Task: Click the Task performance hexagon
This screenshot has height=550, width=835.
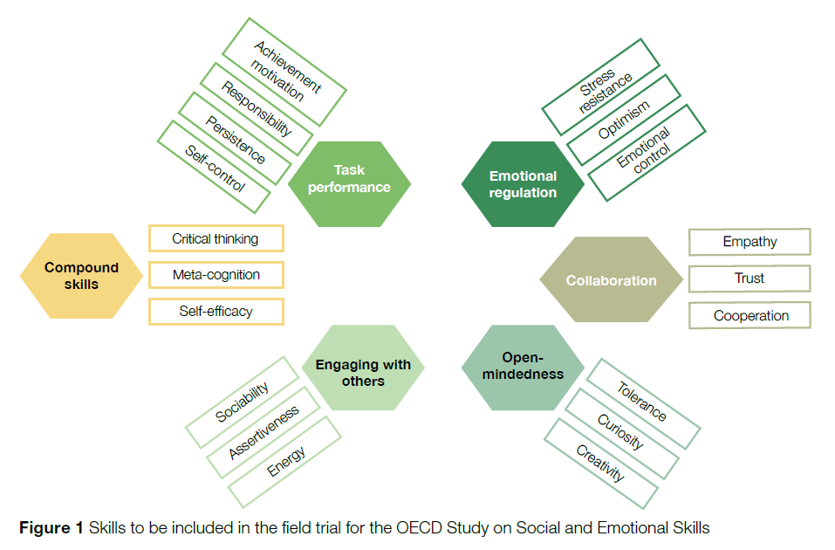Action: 349,179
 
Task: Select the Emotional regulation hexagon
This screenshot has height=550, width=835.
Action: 523,183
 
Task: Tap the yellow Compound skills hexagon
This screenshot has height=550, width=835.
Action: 81,276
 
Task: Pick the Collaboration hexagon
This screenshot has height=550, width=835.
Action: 611,280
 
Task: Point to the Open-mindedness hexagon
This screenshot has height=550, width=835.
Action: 522,366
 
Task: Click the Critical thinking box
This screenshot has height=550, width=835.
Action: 216,238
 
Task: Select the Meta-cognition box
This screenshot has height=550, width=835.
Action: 216,274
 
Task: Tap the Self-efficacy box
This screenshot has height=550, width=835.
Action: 216,311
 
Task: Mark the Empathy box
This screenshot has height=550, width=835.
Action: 749,242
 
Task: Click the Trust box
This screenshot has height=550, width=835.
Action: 749,278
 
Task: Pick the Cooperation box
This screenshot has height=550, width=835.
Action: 749,315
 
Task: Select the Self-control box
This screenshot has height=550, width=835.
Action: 214,168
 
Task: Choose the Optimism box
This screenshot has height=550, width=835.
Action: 623,120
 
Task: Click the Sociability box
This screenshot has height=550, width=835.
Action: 242,402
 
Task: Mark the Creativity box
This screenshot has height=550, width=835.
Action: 600,463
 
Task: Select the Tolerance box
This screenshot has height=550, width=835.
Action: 642,402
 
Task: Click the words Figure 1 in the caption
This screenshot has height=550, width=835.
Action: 51,527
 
